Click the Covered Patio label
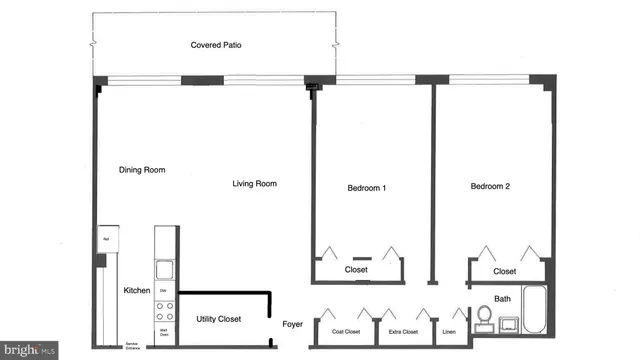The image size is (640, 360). pyautogui.click(x=217, y=46)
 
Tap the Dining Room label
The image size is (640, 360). pyautogui.click(x=142, y=170)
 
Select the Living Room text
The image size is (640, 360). pyautogui.click(x=254, y=184)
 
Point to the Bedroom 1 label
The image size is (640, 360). pyautogui.click(x=367, y=188)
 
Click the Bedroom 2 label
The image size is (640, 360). pyautogui.click(x=490, y=187)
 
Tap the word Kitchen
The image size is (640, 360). pyautogui.click(x=137, y=291)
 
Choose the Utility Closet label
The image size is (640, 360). pyautogui.click(x=218, y=319)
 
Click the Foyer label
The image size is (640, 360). pyautogui.click(x=292, y=324)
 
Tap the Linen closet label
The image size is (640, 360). pyautogui.click(x=451, y=331)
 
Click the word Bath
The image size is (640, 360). pyautogui.click(x=502, y=298)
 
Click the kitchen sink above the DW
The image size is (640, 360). pyautogui.click(x=165, y=269)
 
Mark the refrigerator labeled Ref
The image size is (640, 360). pyautogui.click(x=106, y=240)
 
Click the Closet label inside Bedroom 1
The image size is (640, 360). pyautogui.click(x=357, y=270)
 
